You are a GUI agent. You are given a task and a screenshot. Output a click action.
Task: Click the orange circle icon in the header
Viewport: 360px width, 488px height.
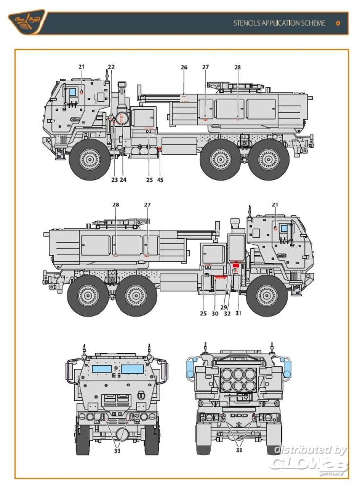[338, 23]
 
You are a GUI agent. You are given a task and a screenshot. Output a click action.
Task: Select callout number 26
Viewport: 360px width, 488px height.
[184, 67]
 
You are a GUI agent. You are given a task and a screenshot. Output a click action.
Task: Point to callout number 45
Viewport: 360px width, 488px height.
[160, 180]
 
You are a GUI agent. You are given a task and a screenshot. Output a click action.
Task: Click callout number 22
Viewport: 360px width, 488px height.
[111, 67]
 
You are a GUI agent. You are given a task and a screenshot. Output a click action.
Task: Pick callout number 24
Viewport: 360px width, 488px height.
[123, 180]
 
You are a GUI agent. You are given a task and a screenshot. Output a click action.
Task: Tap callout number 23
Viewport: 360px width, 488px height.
[114, 180]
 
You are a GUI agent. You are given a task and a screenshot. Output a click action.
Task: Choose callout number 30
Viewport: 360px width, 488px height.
[215, 313]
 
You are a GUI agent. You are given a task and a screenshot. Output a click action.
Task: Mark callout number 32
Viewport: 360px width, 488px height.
[227, 313]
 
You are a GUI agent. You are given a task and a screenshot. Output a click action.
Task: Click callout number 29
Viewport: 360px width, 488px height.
[224, 307]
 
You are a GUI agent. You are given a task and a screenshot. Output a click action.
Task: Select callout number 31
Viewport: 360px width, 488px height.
[239, 313]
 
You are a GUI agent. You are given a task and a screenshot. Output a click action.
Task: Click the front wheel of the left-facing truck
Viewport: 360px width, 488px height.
[90, 159]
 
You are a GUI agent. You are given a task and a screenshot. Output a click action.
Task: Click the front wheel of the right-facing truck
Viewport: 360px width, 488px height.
[267, 295]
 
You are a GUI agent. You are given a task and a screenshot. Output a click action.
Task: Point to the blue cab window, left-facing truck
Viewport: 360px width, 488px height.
[72, 91]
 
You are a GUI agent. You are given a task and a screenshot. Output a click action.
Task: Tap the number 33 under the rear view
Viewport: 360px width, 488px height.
[239, 450]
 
